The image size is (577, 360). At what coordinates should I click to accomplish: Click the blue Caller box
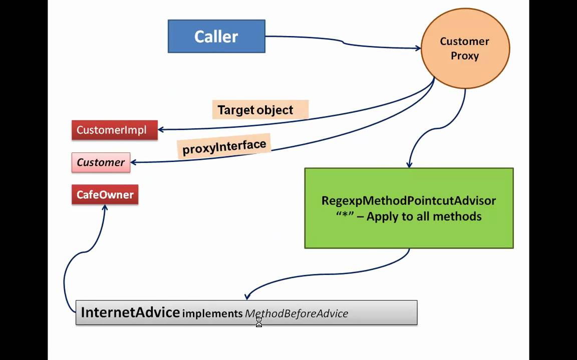point(216,36)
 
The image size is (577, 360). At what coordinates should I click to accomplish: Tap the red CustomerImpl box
point(114,130)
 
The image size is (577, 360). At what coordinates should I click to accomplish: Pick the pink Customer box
point(101,162)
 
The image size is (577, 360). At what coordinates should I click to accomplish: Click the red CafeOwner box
point(105,194)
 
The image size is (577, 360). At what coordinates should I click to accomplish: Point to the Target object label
point(255,110)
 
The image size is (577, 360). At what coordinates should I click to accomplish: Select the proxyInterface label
point(224,147)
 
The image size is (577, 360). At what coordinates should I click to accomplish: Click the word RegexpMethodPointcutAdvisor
point(409,200)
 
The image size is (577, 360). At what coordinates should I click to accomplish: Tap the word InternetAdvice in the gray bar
point(130,312)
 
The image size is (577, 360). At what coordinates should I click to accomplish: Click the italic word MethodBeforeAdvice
point(296,313)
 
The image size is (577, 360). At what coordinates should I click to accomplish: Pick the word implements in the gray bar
point(212,313)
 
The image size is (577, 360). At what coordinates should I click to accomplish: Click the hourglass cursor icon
point(259,322)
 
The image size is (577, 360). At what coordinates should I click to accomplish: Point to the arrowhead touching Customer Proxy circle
point(418,48)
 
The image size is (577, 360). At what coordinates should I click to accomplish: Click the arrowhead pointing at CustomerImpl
point(161,130)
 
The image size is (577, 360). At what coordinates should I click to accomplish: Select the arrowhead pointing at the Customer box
point(133,162)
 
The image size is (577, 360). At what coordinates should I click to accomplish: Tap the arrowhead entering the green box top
point(409,164)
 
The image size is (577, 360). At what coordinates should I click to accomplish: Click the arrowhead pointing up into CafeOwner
point(105,207)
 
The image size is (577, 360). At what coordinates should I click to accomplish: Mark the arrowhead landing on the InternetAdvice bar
point(247,297)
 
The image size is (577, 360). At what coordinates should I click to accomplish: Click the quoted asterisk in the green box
point(344,216)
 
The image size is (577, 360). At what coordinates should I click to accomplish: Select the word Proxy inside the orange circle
point(465,55)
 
